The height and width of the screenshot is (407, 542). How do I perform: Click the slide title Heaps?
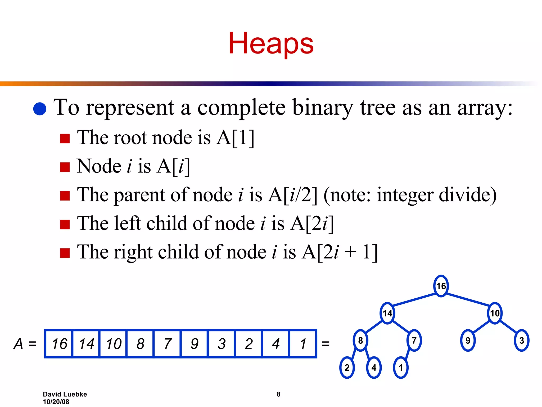pyautogui.click(x=271, y=43)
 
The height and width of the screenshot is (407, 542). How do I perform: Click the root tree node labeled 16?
pyautogui.click(x=441, y=286)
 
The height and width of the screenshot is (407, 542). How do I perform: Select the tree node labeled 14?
pyautogui.click(x=387, y=313)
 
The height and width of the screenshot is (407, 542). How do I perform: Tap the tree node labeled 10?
pyautogui.click(x=495, y=313)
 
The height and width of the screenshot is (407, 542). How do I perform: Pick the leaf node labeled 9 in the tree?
pyautogui.click(x=468, y=340)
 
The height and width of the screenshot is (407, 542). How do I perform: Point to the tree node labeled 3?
pyautogui.click(x=522, y=340)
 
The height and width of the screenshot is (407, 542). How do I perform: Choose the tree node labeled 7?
pyautogui.click(x=414, y=340)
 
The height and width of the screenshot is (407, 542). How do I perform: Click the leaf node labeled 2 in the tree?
pyautogui.click(x=347, y=368)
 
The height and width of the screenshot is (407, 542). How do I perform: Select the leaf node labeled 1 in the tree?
pyautogui.click(x=401, y=368)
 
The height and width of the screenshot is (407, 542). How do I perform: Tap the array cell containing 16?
pyautogui.click(x=59, y=344)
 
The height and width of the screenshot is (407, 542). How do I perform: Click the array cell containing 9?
pyautogui.click(x=195, y=344)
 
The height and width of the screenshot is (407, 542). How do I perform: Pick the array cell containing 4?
pyautogui.click(x=275, y=344)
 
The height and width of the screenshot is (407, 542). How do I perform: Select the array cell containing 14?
pyautogui.click(x=86, y=344)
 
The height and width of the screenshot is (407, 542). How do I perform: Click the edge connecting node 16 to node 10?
pyautogui.click(x=468, y=299)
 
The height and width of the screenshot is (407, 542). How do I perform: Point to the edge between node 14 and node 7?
pyautogui.click(x=401, y=326)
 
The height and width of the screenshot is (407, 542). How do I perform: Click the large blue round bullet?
pyautogui.click(x=40, y=109)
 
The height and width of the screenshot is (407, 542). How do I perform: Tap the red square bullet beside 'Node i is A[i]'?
pyautogui.click(x=65, y=167)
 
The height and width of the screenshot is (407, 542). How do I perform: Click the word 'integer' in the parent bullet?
pyautogui.click(x=405, y=195)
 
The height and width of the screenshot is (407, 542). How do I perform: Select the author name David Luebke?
pyautogui.click(x=65, y=394)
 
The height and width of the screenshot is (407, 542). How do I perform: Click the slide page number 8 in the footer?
pyautogui.click(x=278, y=394)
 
